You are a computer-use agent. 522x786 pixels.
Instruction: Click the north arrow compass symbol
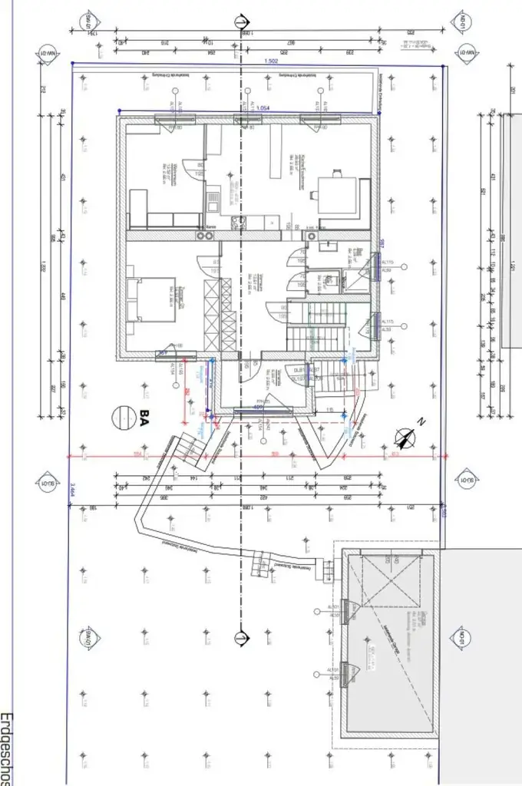pos(405,437)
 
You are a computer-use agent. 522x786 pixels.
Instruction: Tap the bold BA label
pos(144,418)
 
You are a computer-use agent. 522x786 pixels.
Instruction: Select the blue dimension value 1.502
pos(270,61)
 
